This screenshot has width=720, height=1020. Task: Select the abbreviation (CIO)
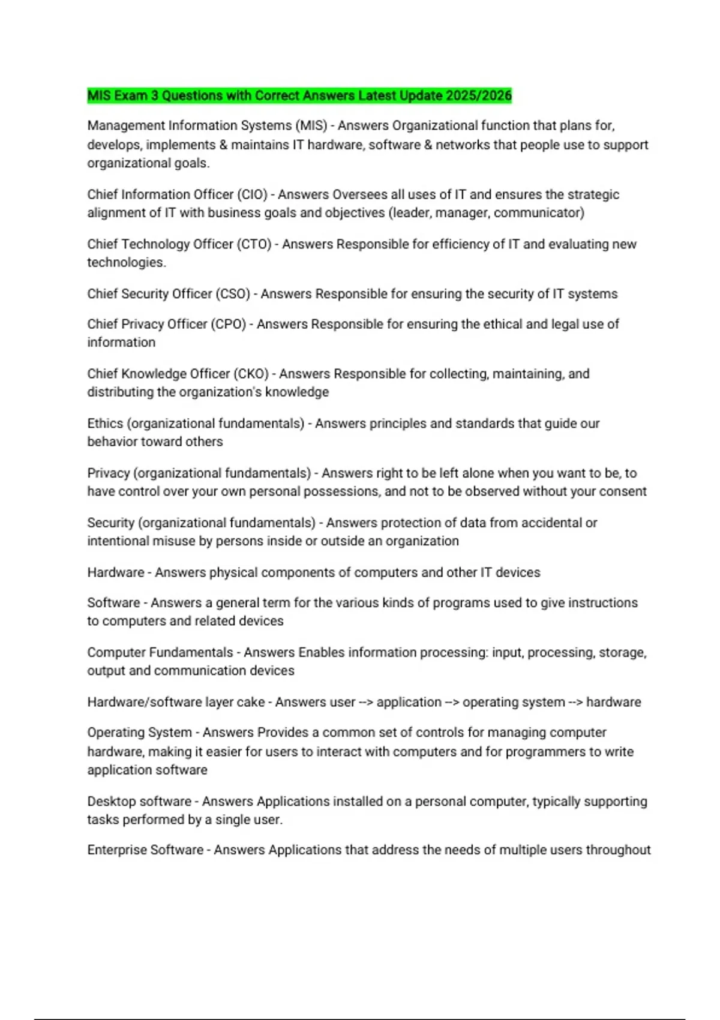(252, 194)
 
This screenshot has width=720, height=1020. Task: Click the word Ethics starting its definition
(105, 424)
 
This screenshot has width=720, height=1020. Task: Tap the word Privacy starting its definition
(109, 473)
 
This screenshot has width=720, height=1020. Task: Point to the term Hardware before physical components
(116, 572)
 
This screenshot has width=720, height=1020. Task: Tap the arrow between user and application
(366, 703)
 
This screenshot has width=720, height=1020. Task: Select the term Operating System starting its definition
(139, 733)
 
